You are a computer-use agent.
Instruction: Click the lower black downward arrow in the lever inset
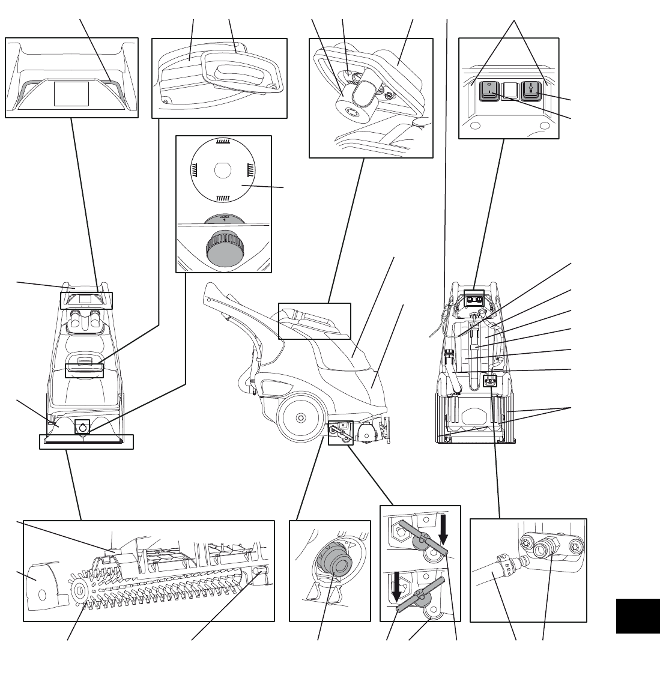396,584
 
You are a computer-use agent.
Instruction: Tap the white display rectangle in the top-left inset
72,94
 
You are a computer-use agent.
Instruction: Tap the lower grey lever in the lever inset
420,591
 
